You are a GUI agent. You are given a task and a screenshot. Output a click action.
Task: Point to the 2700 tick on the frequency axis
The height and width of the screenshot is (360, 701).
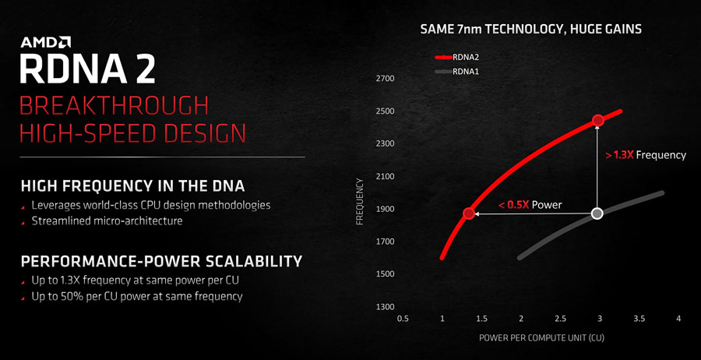pyautogui.click(x=386, y=79)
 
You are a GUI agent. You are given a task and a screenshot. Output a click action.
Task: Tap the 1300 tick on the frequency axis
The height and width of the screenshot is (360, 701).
pyautogui.click(x=386, y=306)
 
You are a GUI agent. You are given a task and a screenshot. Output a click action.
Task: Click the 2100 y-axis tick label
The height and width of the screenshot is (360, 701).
pyautogui.click(x=386, y=176)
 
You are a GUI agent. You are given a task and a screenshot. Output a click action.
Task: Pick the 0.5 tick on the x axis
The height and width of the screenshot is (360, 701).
pyautogui.click(x=403, y=319)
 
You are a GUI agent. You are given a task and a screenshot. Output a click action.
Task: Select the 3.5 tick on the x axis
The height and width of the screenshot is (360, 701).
pyautogui.click(x=639, y=319)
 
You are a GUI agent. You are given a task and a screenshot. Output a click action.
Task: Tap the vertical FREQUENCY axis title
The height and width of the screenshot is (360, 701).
pyautogui.click(x=360, y=201)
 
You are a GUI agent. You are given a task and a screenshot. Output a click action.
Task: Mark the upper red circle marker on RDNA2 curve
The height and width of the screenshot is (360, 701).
pyautogui.click(x=597, y=120)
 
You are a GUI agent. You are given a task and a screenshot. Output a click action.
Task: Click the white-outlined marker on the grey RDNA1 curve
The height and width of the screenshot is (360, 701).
pyautogui.click(x=597, y=213)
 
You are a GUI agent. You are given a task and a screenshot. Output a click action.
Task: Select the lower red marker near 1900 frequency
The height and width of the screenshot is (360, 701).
pyautogui.click(x=469, y=214)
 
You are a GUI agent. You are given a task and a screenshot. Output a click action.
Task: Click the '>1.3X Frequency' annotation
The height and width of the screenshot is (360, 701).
pyautogui.click(x=645, y=155)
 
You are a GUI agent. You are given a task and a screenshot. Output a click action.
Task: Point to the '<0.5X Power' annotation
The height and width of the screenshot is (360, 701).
pyautogui.click(x=530, y=205)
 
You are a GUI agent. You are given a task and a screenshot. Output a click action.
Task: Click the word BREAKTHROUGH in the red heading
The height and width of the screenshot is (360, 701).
pyautogui.click(x=114, y=105)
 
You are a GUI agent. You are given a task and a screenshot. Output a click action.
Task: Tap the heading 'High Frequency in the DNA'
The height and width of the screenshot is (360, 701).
pyautogui.click(x=132, y=185)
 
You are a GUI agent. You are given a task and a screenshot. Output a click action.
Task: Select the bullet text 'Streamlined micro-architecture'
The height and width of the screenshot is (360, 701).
pyautogui.click(x=107, y=221)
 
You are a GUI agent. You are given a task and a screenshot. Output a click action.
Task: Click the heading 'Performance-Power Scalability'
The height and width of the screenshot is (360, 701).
pyautogui.click(x=161, y=260)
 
